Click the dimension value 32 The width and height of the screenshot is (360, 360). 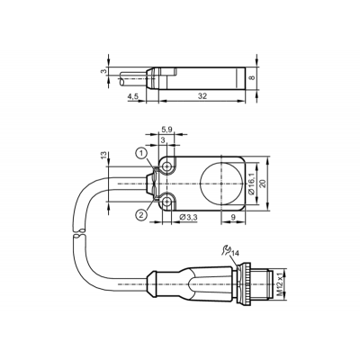point(202,96)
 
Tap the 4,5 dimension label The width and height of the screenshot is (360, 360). point(133,96)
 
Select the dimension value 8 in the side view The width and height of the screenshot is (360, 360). point(252,77)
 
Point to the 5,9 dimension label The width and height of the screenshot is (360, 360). point(166,130)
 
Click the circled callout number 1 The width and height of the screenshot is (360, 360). point(141,154)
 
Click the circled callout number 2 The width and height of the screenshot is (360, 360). point(141,214)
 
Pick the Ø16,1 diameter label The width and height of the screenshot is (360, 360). point(251,184)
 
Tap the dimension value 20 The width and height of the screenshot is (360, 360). point(263,184)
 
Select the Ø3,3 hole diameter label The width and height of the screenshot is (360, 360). point(188,218)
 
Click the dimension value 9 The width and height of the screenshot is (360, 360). point(233,217)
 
